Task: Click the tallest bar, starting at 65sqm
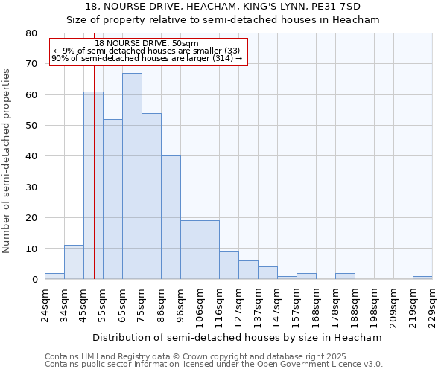(x=132, y=176)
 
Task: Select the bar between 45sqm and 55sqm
(x=93, y=186)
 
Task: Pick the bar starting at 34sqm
(x=74, y=262)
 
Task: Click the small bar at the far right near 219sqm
(x=422, y=278)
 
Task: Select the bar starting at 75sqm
(x=151, y=196)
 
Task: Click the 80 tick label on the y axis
(x=31, y=33)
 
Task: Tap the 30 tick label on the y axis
(x=31, y=187)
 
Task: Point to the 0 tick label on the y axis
(x=34, y=280)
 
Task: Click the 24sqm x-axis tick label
(x=45, y=306)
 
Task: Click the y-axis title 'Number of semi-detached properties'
(x=7, y=161)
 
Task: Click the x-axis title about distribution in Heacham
(x=238, y=337)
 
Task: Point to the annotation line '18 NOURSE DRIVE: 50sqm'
(x=147, y=44)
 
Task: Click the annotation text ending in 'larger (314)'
(x=147, y=58)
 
